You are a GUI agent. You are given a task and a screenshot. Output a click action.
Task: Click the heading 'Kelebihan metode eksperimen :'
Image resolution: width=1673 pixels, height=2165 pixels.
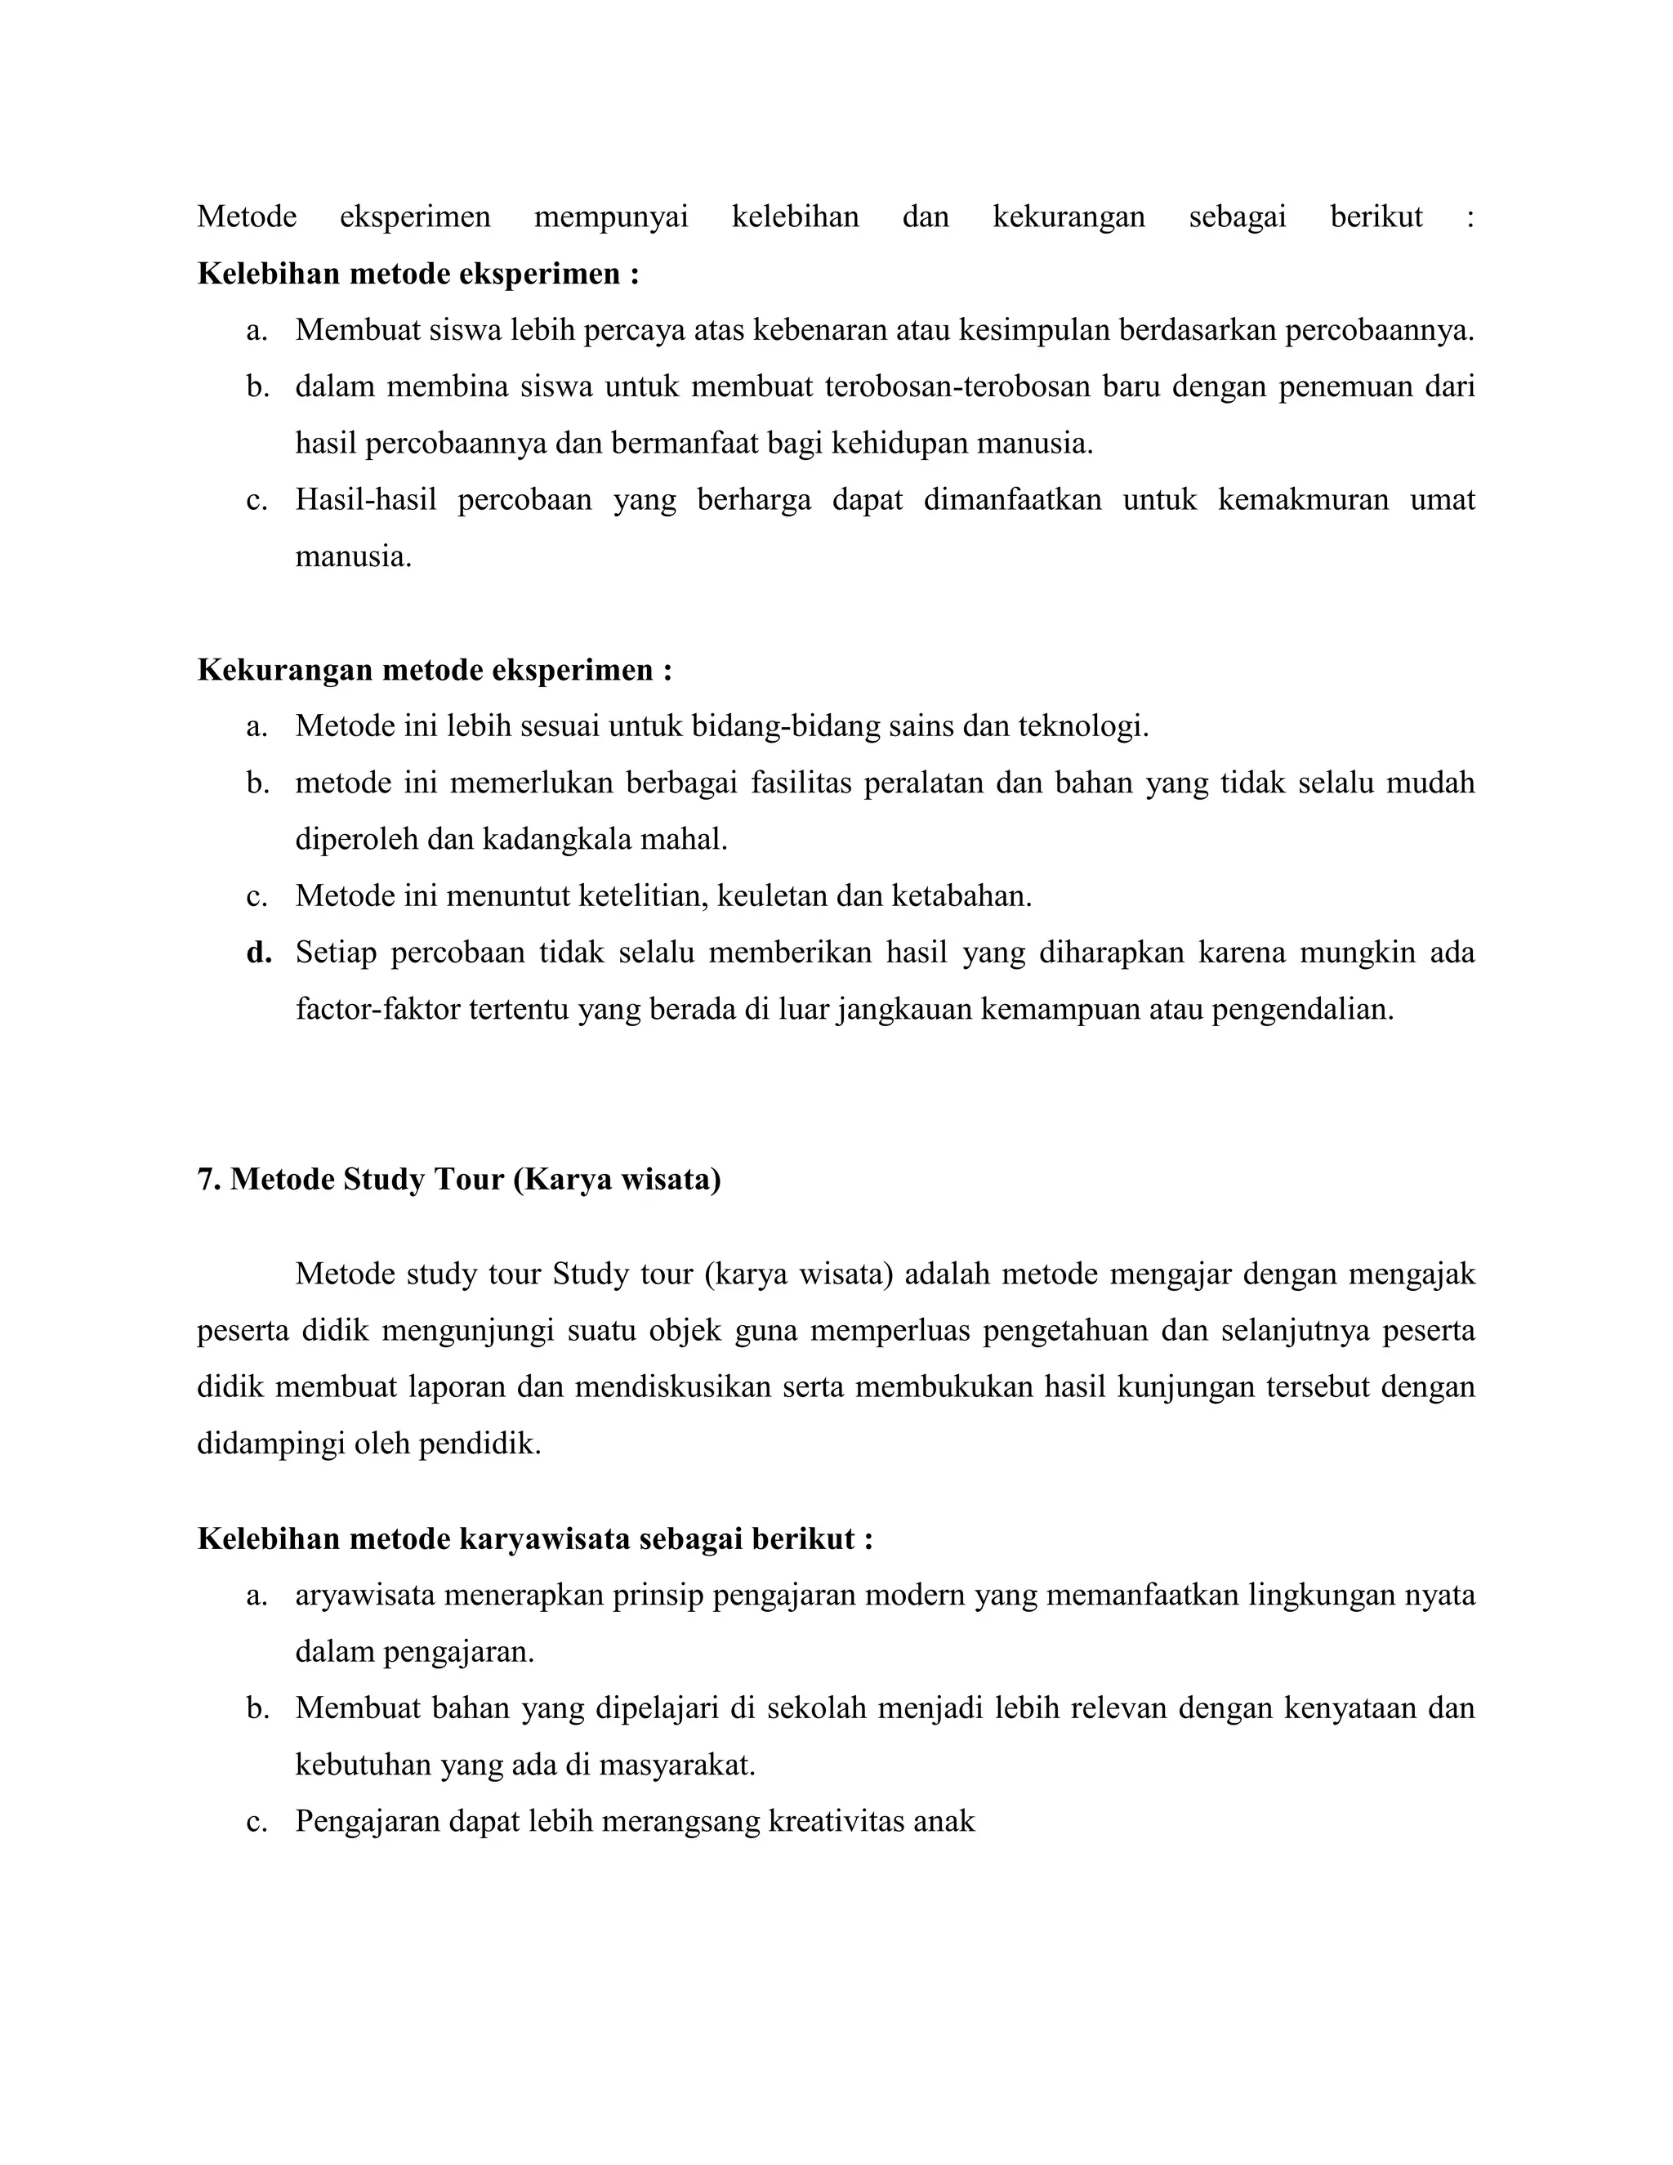tap(417, 274)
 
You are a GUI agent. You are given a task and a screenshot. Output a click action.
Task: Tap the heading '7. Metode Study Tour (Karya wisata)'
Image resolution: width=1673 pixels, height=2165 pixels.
tap(458, 1180)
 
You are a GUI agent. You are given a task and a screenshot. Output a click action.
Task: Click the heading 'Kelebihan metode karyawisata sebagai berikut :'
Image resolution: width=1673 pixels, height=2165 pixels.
tap(534, 1538)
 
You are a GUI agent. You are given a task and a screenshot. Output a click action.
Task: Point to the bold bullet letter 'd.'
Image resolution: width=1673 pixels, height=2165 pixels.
tap(259, 953)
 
